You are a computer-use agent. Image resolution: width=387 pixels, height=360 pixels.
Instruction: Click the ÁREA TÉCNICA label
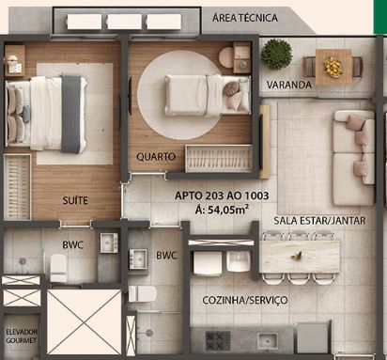click(x=245, y=18)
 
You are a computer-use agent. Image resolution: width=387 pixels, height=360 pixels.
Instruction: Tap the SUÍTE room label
click(x=75, y=200)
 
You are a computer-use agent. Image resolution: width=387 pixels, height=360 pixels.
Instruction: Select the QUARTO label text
click(x=156, y=156)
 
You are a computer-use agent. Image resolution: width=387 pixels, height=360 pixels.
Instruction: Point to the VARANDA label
click(x=289, y=85)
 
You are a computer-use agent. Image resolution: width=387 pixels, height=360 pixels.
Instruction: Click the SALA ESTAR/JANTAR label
click(x=319, y=221)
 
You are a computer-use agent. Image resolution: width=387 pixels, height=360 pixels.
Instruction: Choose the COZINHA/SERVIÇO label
click(x=245, y=300)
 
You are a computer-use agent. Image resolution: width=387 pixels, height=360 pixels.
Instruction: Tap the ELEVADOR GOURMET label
click(x=22, y=336)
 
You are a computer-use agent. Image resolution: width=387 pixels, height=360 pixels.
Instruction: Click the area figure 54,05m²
click(x=222, y=210)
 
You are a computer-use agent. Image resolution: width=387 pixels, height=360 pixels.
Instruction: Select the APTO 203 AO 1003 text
click(x=222, y=196)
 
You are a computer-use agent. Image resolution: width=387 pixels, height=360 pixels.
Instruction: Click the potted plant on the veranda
click(x=276, y=55)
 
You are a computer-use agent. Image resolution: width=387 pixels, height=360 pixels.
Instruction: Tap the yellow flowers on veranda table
click(x=333, y=67)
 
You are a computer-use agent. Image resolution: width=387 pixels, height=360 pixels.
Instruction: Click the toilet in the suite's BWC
click(x=58, y=267)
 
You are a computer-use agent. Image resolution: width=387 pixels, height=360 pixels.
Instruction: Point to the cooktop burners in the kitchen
click(x=218, y=340)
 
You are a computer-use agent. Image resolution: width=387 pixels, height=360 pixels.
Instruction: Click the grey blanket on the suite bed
click(x=71, y=114)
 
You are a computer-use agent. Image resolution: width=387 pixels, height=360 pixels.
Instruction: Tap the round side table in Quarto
click(x=226, y=57)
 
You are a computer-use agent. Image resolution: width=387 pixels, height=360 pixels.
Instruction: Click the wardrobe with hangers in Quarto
click(x=219, y=158)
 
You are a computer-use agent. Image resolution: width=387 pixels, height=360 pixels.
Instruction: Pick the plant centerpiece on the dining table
click(x=296, y=256)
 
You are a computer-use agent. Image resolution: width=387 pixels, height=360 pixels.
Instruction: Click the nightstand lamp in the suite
click(x=12, y=59)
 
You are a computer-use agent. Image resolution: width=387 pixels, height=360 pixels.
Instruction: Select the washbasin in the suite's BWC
click(x=109, y=243)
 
